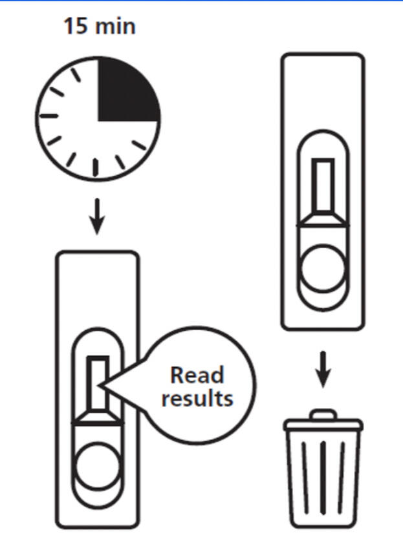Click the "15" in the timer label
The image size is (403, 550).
click(74, 27)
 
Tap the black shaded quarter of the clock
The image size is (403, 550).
click(127, 90)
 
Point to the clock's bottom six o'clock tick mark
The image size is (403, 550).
click(96, 167)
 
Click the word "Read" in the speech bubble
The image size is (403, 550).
click(197, 375)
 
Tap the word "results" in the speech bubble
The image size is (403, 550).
click(197, 397)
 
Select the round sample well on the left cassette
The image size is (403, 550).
click(98, 465)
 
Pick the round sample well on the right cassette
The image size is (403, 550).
click(322, 264)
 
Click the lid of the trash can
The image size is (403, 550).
click(323, 425)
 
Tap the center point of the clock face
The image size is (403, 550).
click(98, 120)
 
